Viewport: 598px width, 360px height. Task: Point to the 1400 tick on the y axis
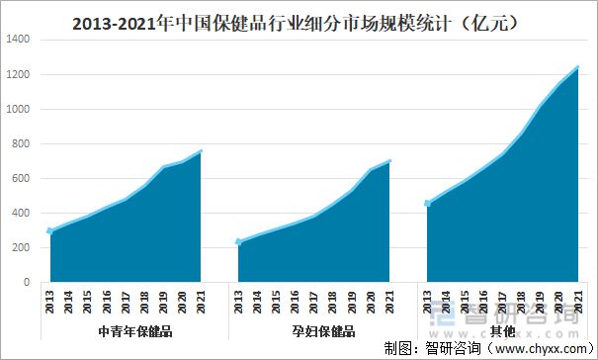point(18,41)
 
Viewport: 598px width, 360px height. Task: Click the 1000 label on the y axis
point(18,110)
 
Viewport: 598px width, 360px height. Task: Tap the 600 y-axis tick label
point(21,179)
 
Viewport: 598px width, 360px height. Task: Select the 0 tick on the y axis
point(27,283)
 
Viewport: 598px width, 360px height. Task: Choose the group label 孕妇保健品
point(322,331)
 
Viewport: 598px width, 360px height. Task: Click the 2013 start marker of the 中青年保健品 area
point(50,231)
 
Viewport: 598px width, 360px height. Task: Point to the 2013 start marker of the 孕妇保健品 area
point(238,241)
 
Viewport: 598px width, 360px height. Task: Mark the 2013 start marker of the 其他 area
point(427,204)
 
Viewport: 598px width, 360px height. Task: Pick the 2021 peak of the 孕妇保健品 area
point(389,160)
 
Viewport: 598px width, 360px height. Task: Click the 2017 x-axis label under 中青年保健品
point(126,300)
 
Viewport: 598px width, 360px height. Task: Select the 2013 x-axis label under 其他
point(427,300)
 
